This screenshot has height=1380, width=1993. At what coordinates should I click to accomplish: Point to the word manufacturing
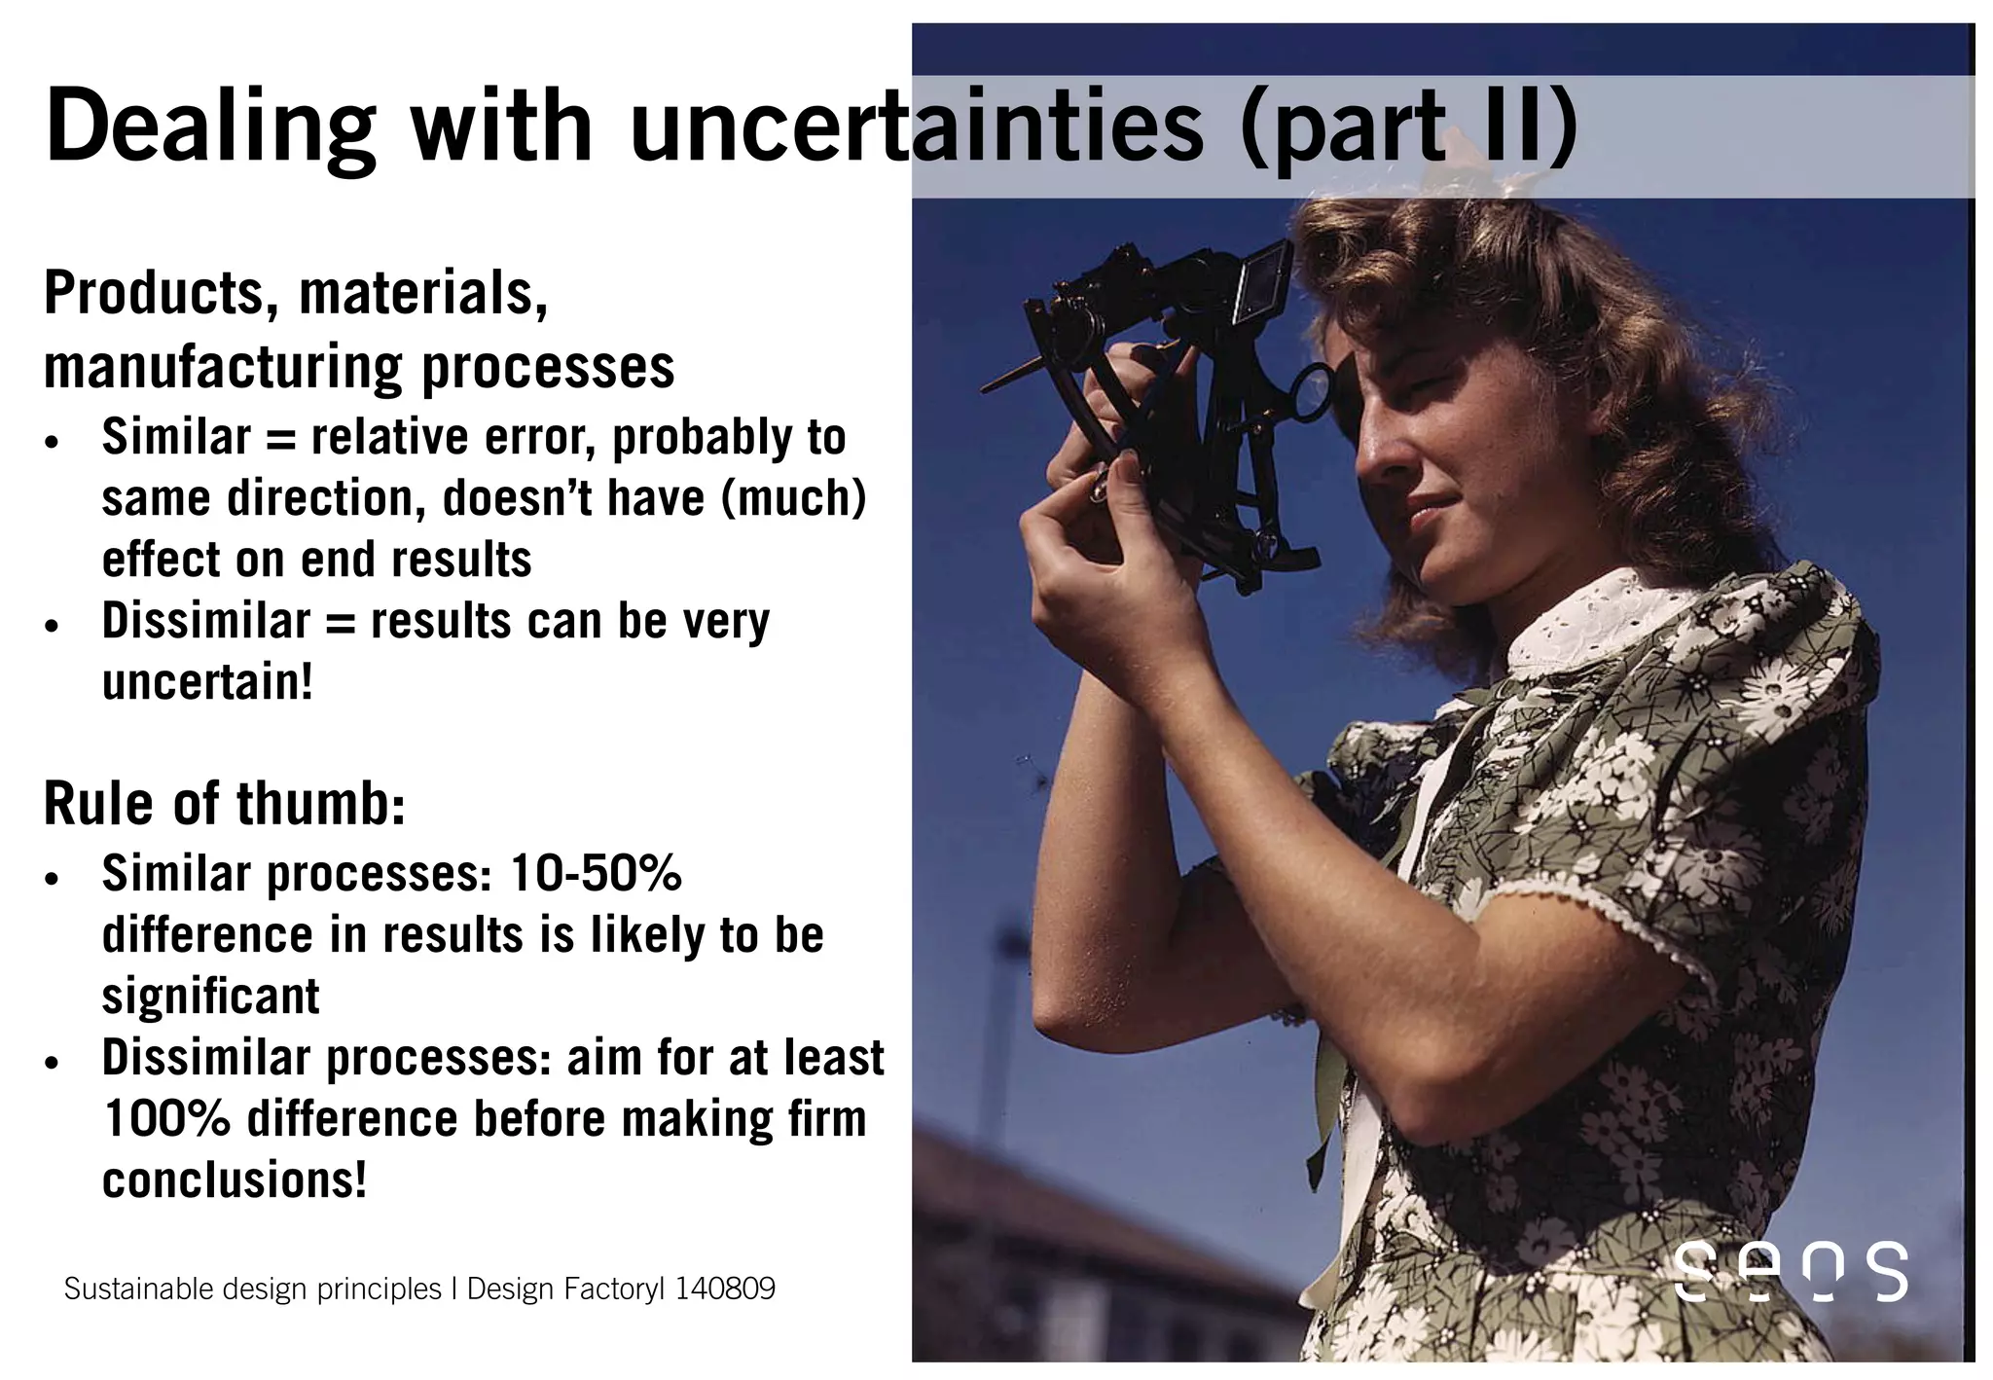click(x=220, y=369)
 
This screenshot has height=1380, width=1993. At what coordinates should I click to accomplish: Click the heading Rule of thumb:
click(x=224, y=805)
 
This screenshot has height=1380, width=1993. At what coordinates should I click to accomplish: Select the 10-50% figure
click(x=596, y=873)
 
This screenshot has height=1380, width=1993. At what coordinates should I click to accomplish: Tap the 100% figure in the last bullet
click(x=165, y=1119)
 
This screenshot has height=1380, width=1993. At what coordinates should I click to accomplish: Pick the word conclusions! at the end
click(x=235, y=1180)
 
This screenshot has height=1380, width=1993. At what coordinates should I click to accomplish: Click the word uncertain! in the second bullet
click(x=207, y=681)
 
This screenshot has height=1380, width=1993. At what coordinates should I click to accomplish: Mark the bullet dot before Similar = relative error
click(x=53, y=442)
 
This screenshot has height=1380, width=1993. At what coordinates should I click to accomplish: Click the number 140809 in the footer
click(x=725, y=1289)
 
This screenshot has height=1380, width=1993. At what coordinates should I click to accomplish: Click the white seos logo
click(x=1791, y=1271)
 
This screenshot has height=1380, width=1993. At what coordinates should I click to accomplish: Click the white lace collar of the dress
click(x=1596, y=618)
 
